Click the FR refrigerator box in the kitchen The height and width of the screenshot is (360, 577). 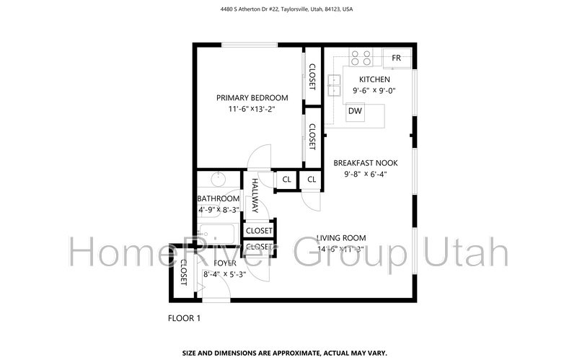[397, 58]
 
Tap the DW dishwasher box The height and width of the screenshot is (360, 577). [355, 111]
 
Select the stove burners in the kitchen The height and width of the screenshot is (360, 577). [361, 57]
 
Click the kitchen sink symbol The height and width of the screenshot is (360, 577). [334, 85]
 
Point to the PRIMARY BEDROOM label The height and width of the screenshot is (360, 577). [252, 98]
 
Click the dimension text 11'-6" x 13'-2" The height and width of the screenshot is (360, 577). [252, 109]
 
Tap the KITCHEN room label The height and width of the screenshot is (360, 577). [374, 79]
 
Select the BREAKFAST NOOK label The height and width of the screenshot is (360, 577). [365, 163]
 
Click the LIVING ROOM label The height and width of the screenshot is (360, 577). [341, 238]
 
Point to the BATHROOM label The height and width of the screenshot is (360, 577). [218, 199]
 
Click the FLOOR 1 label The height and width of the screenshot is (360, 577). [184, 317]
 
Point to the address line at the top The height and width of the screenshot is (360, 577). [288, 10]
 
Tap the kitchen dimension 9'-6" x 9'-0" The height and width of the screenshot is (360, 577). [374, 91]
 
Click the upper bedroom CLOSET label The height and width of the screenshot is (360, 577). [312, 77]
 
